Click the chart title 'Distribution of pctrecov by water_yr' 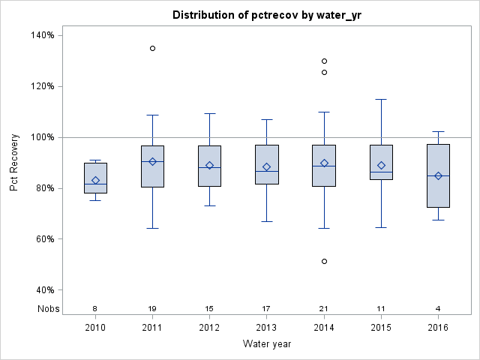click(266, 15)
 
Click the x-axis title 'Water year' click(266, 343)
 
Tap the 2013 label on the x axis click(266, 327)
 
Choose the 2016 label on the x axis click(438, 327)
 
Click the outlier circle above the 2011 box click(152, 48)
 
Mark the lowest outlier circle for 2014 click(324, 261)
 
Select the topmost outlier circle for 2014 click(324, 61)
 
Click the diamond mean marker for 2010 click(95, 180)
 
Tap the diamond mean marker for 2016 click(438, 176)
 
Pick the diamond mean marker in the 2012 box click(209, 165)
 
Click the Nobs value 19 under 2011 click(152, 308)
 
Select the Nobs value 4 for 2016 click(438, 308)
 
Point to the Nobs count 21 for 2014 click(324, 308)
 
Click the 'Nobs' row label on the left click(47, 308)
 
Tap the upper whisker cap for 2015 click(381, 99)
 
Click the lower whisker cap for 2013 click(266, 221)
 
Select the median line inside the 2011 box click(152, 161)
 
